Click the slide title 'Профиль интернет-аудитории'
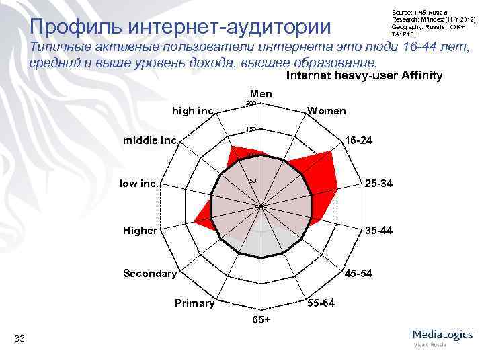181,27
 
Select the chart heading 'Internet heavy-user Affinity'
364,75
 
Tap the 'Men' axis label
260,94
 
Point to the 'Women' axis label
327,110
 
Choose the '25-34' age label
379,183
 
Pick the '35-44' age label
378,231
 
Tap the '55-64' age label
320,303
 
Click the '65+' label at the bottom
261,319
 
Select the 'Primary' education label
194,303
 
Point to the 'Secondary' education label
149,273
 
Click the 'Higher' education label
140,231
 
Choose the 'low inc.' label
139,183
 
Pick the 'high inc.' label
193,110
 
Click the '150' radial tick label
250,129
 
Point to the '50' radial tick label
252,181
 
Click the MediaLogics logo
442,336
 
